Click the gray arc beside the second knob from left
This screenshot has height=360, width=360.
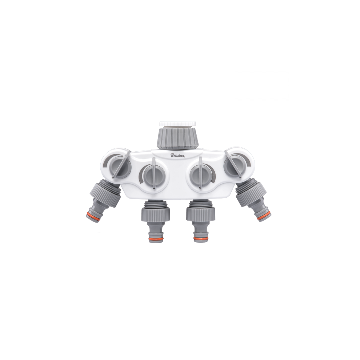click(x=140, y=177)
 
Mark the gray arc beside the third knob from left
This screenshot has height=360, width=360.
click(x=214, y=177)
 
